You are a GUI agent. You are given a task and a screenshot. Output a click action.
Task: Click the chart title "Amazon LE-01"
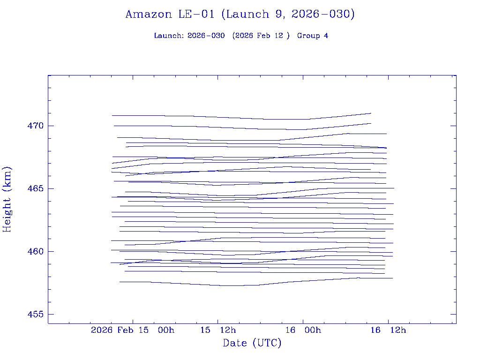pos(172,14)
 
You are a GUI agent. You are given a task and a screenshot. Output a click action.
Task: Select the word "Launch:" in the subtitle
pos(169,36)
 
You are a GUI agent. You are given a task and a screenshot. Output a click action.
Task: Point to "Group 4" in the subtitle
pos(312,36)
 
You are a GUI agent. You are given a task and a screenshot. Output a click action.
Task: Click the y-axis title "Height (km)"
pos(7,199)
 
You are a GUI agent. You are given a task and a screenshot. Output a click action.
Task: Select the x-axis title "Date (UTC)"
pos(252,343)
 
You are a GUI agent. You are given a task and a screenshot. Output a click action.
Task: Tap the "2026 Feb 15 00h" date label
pos(133,330)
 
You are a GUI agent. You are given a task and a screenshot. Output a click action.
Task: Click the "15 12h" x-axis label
pos(217,330)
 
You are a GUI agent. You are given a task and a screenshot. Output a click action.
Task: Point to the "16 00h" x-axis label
pos(303,330)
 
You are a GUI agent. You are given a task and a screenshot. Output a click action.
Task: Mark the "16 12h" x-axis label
pos(388,330)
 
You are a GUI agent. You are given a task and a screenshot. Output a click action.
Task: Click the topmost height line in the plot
pos(234,117)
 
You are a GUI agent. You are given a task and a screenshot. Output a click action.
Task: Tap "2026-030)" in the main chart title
pos(323,14)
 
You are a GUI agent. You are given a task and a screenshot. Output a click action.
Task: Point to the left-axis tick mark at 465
pos(50,188)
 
